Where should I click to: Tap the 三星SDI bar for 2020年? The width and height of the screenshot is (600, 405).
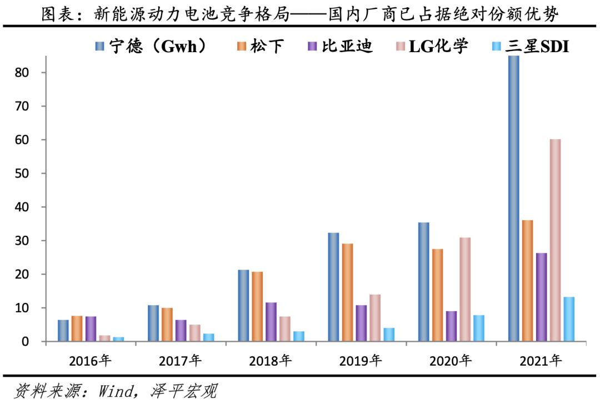tap(478, 328)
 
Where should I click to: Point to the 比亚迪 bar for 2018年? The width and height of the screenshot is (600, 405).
tap(271, 322)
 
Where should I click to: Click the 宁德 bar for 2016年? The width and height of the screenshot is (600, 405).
tap(63, 331)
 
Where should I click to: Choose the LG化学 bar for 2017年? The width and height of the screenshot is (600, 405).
tap(194, 333)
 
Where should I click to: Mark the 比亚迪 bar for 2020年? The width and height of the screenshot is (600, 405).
tap(451, 326)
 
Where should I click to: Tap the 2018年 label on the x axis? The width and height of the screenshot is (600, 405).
tap(271, 361)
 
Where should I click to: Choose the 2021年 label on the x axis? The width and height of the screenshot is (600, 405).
tap(541, 361)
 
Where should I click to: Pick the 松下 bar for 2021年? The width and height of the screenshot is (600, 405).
tap(528, 281)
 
